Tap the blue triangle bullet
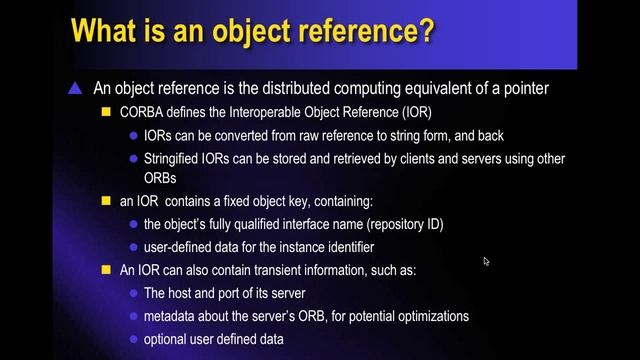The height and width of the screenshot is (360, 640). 74,89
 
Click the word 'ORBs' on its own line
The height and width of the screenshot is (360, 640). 161,177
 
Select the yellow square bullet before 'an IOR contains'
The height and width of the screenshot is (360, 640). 106,201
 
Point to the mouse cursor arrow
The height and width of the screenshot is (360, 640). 486,262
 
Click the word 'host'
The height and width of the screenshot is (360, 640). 186,293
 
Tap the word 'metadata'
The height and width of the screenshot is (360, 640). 173,316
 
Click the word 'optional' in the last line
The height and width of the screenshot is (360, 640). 169,339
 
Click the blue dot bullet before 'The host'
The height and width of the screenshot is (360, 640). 134,294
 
